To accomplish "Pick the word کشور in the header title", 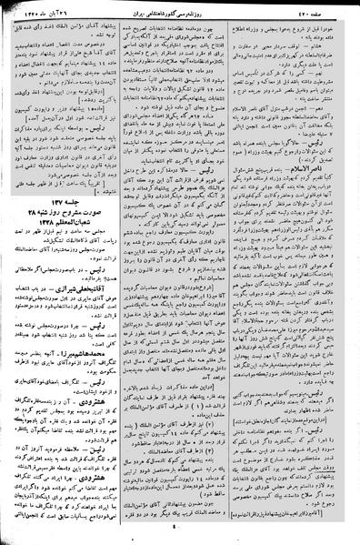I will pos(193,16).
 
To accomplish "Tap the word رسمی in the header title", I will pos(208,16).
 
